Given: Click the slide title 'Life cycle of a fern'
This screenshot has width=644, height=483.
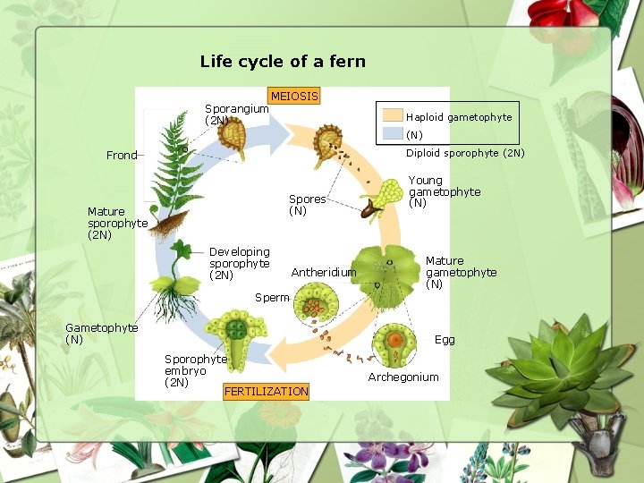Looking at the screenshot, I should [283, 62].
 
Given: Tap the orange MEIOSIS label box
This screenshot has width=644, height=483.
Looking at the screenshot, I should [294, 96].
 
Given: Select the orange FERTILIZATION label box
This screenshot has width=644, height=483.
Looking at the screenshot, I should [266, 391].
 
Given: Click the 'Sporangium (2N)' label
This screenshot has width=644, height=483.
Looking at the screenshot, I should [235, 114].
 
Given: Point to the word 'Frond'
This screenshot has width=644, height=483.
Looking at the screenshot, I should [122, 156].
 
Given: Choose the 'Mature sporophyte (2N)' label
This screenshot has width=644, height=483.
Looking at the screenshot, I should [117, 224].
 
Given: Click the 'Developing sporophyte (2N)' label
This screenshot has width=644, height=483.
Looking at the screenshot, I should [239, 263].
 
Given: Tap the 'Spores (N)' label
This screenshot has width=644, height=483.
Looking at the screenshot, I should [307, 205].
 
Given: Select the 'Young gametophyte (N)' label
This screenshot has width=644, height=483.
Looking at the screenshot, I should [444, 191].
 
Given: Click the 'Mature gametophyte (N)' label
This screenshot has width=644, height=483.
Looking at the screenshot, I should [461, 272].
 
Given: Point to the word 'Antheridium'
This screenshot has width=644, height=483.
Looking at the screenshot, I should [324, 272].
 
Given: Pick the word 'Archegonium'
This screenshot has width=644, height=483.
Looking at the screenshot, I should [403, 377].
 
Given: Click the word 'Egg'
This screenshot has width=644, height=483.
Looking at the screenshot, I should [445, 340].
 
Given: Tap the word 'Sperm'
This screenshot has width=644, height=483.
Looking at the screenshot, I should [272, 297].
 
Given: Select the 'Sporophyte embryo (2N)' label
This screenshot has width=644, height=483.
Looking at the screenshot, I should [195, 370].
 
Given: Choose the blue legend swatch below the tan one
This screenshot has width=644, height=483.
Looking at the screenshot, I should [393, 133].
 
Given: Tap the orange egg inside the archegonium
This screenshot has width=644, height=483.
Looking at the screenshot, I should [395, 339].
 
